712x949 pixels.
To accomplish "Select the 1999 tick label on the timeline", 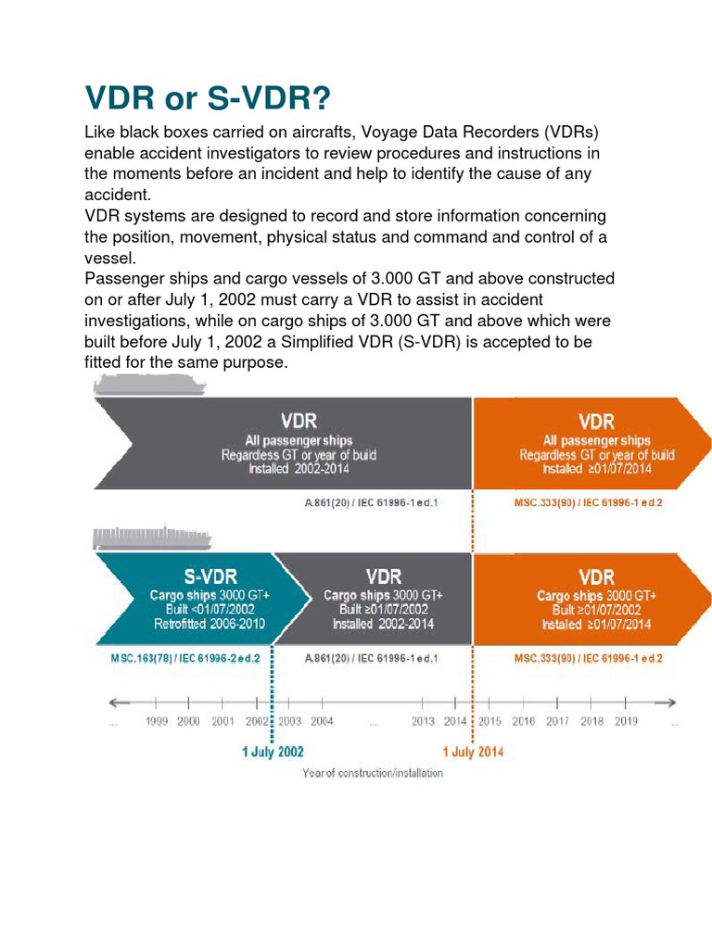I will pos(156,722).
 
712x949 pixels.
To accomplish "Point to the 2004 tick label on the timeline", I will pos(321,722).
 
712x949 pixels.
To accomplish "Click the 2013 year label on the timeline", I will pos(423,722).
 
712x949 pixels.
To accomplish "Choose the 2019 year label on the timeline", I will pos(625,722).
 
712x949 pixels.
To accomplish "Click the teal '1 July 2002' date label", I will pos(273,752).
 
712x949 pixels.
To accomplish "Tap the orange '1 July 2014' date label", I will pos(473,752).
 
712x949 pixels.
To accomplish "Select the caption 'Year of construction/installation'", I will pos(373,773).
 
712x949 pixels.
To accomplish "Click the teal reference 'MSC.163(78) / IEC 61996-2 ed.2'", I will pos(184,658).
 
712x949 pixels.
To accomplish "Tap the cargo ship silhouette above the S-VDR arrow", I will pos(139,537).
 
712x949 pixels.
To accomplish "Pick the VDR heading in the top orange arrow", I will pos(596,422).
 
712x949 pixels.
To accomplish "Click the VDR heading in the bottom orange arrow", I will pos(596,576).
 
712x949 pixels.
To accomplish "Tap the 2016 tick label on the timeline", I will pos(524,722).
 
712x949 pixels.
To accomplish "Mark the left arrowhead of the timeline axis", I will pos(114,702).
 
